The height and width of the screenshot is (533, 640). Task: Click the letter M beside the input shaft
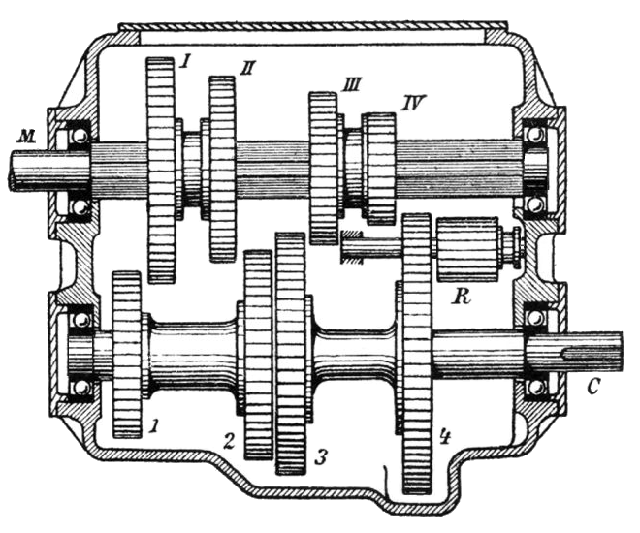[25, 137]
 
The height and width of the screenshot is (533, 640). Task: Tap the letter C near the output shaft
[592, 387]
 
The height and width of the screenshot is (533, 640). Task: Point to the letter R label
[461, 297]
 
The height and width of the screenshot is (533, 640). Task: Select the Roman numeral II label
[246, 69]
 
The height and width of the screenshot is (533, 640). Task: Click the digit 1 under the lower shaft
[154, 426]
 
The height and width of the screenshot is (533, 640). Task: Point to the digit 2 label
[230, 442]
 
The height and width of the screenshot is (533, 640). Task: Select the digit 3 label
[320, 457]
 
